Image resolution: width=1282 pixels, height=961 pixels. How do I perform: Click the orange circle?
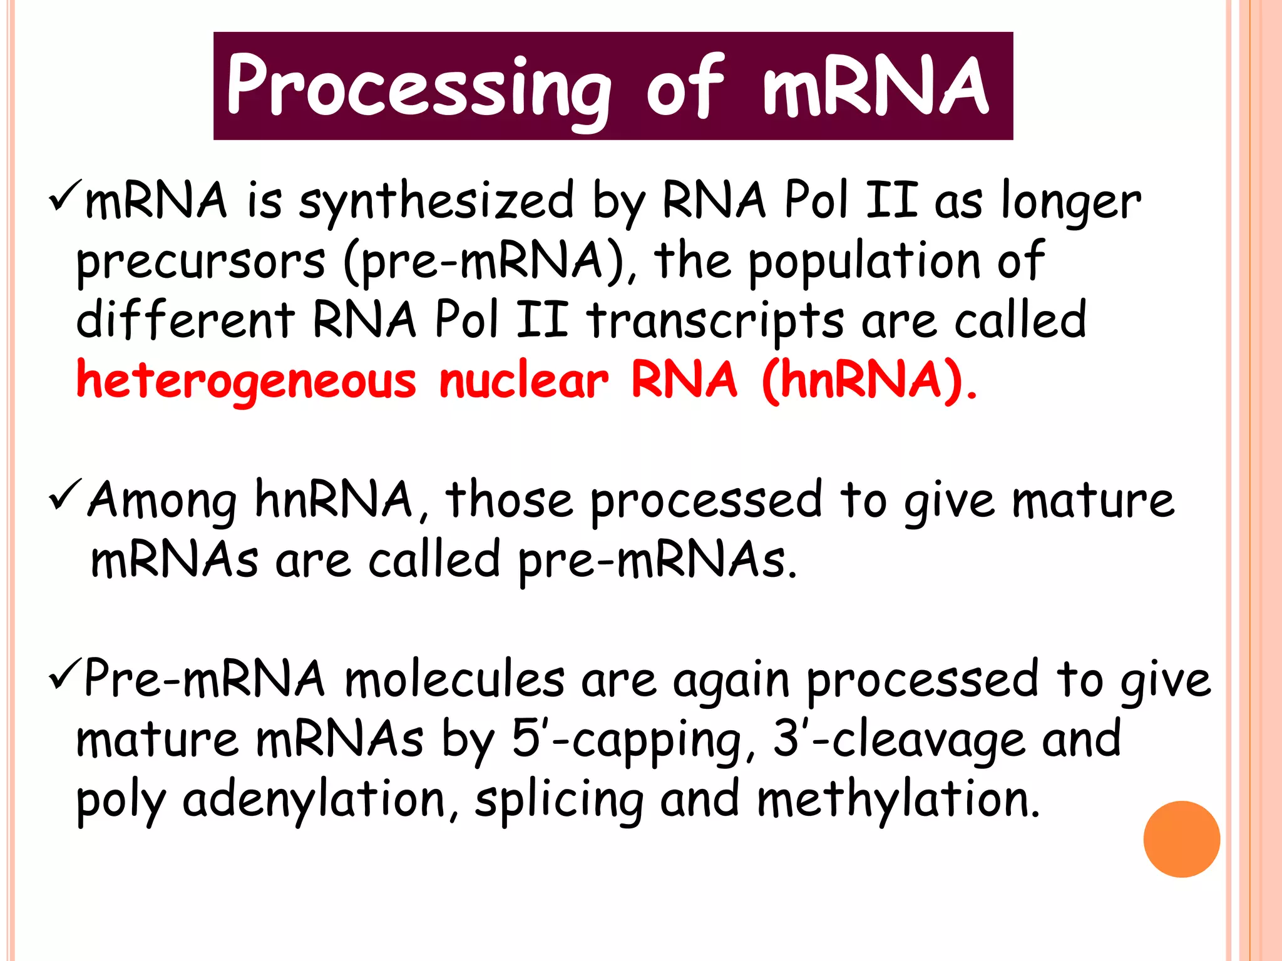pyautogui.click(x=1181, y=839)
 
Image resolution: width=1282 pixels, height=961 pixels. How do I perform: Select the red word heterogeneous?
pyautogui.click(x=246, y=381)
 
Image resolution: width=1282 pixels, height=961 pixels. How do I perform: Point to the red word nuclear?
pyautogui.click(x=523, y=381)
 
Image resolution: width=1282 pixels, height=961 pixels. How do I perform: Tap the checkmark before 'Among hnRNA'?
pyautogui.click(x=64, y=494)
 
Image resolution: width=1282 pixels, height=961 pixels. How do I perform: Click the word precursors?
pyautogui.click(x=200, y=262)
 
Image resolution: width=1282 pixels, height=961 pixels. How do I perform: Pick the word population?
pyautogui.click(x=864, y=262)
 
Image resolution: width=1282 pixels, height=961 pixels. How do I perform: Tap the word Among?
pyautogui.click(x=163, y=501)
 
